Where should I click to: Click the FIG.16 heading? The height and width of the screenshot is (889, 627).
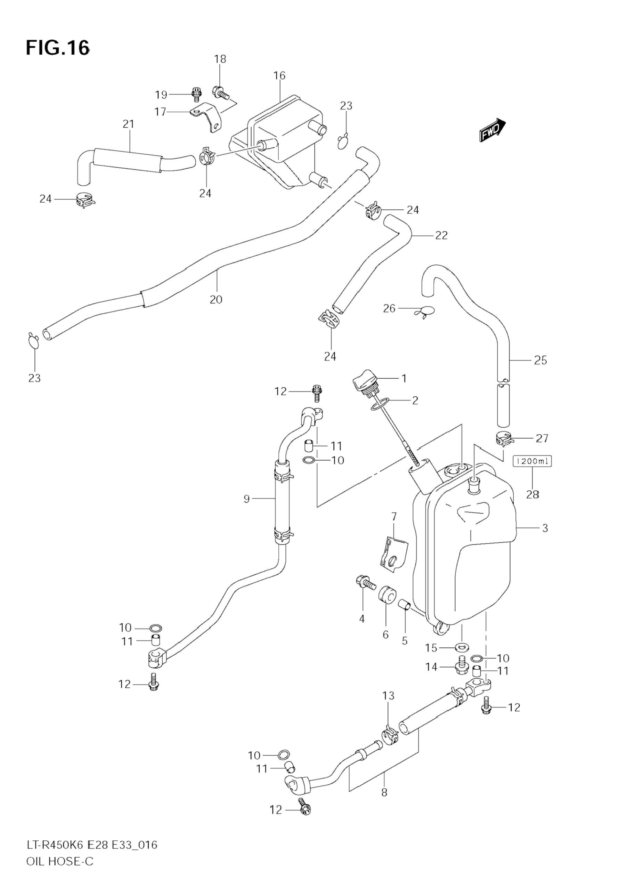[x=58, y=48]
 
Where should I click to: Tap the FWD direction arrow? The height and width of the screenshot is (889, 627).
[x=492, y=130]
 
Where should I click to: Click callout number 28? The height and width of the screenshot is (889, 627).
[x=532, y=494]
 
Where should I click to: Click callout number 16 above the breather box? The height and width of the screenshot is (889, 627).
[x=279, y=75]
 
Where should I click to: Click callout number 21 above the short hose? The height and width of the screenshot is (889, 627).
[x=128, y=124]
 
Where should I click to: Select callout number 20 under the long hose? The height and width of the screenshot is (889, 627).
[x=216, y=299]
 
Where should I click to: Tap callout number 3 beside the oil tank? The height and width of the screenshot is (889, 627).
[x=545, y=528]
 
